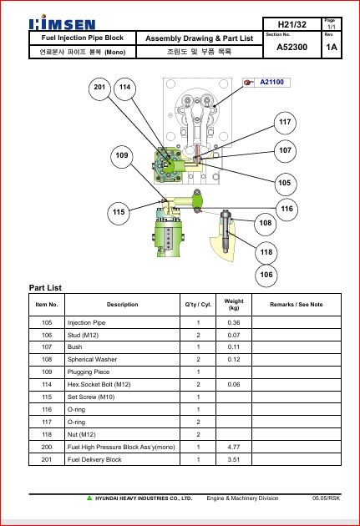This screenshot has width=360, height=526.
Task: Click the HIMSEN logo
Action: tap(63, 23)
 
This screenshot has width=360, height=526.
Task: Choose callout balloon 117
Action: tap(285, 123)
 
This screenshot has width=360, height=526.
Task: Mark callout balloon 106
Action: tap(266, 276)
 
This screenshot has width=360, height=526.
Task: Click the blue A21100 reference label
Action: tap(271, 82)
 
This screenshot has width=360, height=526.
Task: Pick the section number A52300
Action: tap(292, 47)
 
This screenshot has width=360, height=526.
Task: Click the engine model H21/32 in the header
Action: tap(292, 24)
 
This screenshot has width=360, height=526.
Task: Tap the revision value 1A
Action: tap(332, 47)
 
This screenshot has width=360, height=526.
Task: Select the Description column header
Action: tap(123, 305)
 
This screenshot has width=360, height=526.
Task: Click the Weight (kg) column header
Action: tap(234, 305)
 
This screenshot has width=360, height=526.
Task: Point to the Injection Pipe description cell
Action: tap(87, 323)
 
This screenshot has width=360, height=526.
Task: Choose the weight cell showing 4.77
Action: tap(234, 447)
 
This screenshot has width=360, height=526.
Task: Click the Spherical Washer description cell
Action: tap(92, 359)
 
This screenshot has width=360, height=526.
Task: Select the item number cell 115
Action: tap(47, 397)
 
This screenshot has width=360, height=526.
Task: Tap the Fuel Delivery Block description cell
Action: tap(94, 459)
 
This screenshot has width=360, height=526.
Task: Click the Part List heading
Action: tap(45, 288)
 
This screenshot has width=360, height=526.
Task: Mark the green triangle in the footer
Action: tap(89, 498)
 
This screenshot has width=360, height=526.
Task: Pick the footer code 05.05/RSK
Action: tap(326, 498)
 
